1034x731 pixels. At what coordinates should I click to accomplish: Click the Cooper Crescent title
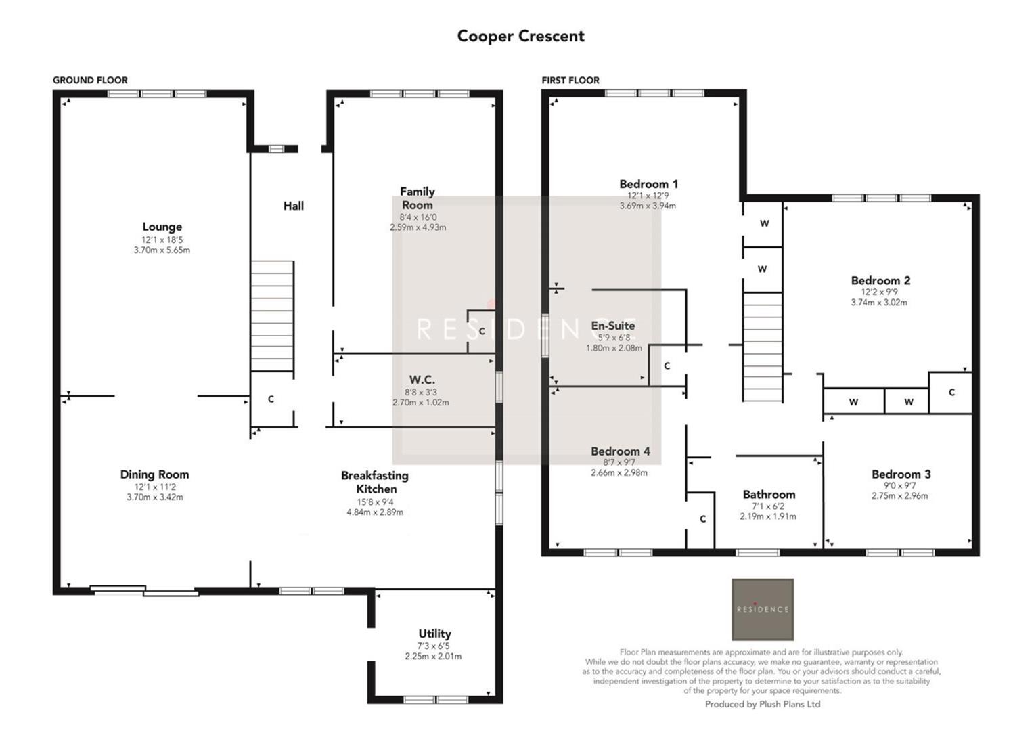pyautogui.click(x=520, y=36)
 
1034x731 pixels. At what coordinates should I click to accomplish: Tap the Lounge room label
pyautogui.click(x=162, y=227)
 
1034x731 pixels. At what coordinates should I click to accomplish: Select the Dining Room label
pyautogui.click(x=154, y=474)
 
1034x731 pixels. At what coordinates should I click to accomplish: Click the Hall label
pyautogui.click(x=293, y=206)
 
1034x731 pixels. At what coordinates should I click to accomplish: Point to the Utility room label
pyautogui.click(x=434, y=634)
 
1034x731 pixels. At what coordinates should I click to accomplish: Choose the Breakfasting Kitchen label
pyautogui.click(x=375, y=482)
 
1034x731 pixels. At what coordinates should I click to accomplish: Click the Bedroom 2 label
pyautogui.click(x=880, y=280)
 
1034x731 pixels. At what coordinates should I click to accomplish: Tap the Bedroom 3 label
pyautogui.click(x=901, y=474)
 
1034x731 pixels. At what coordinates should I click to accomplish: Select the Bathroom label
pyautogui.click(x=769, y=494)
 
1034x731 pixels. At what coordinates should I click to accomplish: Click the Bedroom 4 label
pyautogui.click(x=620, y=451)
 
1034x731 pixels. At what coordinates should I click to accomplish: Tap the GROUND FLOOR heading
pyautogui.click(x=90, y=80)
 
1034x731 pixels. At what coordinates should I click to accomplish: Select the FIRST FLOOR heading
pyautogui.click(x=570, y=80)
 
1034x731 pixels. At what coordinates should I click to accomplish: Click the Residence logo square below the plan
pyautogui.click(x=763, y=609)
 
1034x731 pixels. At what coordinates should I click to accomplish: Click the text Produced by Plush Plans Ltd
pyautogui.click(x=762, y=704)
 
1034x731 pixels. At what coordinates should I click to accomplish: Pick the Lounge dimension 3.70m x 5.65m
pyautogui.click(x=162, y=250)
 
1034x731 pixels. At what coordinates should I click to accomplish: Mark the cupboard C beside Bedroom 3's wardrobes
pyautogui.click(x=951, y=392)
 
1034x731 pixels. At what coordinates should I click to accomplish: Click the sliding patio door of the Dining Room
pyautogui.click(x=145, y=592)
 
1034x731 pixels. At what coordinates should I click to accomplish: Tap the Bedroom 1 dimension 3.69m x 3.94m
pyautogui.click(x=648, y=206)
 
